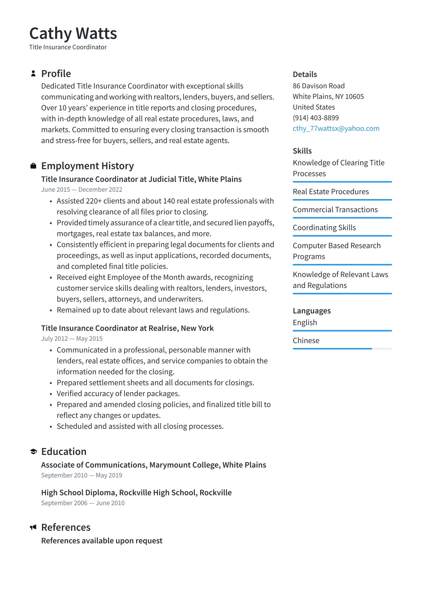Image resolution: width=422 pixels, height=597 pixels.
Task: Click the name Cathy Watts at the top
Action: click(73, 33)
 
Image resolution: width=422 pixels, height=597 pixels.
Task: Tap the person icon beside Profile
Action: click(33, 74)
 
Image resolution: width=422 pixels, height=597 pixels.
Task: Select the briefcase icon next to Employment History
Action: click(33, 166)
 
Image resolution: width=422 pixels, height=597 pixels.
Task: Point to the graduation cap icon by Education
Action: click(33, 452)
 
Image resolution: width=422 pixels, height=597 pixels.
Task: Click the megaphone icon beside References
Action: click(33, 528)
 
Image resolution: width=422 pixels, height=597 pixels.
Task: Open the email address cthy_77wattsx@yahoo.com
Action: click(336, 128)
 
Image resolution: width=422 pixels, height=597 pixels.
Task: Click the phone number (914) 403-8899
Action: click(316, 118)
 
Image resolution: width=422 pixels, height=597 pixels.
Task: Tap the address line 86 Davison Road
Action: click(319, 86)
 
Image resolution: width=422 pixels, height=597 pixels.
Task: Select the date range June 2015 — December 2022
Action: click(81, 190)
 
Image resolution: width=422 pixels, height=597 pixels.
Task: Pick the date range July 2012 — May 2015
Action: click(72, 339)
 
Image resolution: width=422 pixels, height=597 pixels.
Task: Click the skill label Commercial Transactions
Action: click(335, 210)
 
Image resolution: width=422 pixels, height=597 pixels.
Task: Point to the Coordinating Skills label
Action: click(324, 228)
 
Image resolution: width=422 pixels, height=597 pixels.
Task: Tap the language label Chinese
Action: click(306, 340)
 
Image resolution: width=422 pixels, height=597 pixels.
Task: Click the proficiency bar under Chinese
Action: click(342, 349)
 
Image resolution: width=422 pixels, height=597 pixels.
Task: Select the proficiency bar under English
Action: click(342, 331)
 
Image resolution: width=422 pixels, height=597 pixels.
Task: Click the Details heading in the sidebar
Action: click(305, 74)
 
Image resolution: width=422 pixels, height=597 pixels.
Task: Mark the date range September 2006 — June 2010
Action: click(83, 503)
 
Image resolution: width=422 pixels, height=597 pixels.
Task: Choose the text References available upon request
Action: click(102, 541)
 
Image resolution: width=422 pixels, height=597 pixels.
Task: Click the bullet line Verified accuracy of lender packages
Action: click(118, 394)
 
